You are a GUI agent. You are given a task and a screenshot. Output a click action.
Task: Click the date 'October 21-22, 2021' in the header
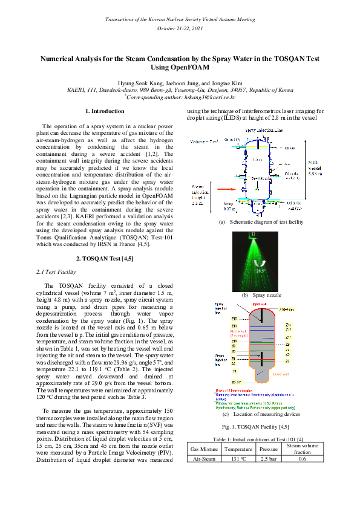point(180,28)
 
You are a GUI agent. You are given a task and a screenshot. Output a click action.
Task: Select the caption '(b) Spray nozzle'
point(261,295)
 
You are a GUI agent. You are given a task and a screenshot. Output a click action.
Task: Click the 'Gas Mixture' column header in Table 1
point(204,450)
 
